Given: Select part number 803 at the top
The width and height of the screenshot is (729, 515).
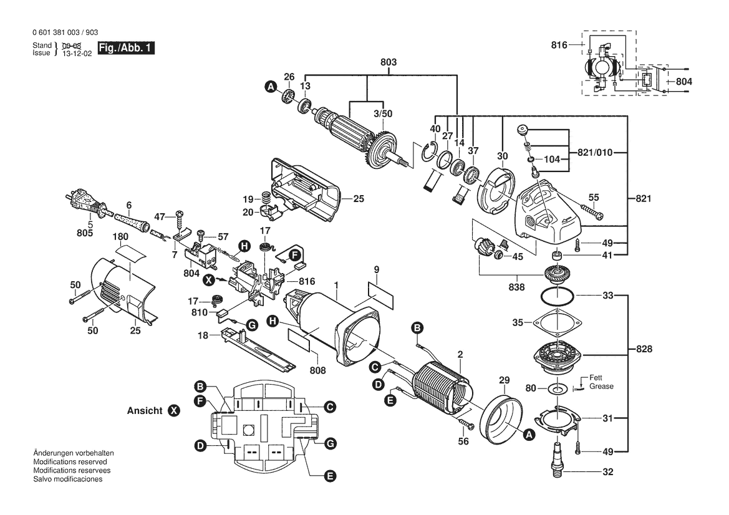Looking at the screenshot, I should [x=389, y=62].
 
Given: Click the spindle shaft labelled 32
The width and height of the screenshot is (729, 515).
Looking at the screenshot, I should [x=555, y=459].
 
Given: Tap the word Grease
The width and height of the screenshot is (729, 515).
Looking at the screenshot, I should [x=602, y=387].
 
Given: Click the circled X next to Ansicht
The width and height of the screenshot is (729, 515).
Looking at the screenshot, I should [x=174, y=411].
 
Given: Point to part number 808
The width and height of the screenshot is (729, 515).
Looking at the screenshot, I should [x=317, y=370].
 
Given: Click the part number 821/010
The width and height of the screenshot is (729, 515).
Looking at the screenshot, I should [x=596, y=152].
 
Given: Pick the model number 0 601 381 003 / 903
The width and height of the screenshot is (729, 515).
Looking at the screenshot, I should [x=64, y=32].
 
